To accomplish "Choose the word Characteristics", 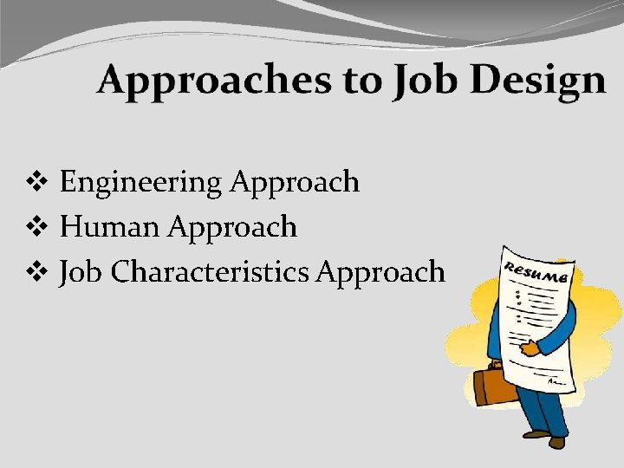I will pos(211,272).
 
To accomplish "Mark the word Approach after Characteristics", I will pos(381,273).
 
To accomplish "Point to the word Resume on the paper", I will pos(538,271).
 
